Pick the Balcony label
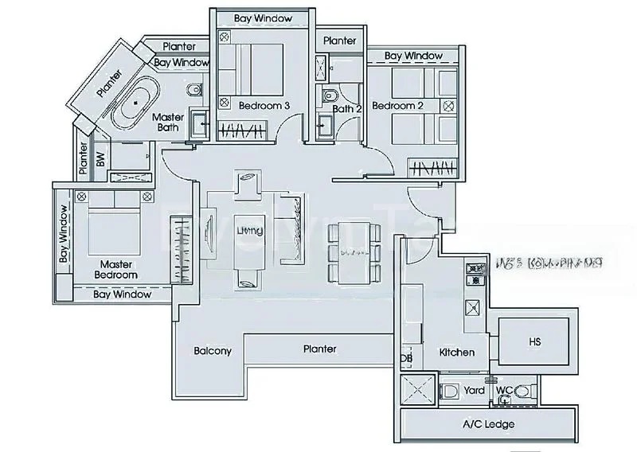click(x=213, y=351)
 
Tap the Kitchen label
click(x=457, y=353)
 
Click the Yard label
click(x=475, y=391)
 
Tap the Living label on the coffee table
click(x=249, y=232)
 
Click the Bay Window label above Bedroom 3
click(x=264, y=18)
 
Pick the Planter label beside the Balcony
click(x=319, y=349)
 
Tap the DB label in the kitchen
click(x=406, y=359)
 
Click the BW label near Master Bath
click(x=100, y=159)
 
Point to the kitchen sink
click(x=472, y=305)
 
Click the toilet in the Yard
click(x=448, y=391)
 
